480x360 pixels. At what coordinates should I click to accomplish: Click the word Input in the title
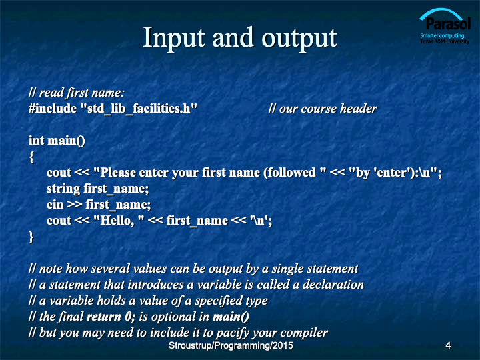tap(174, 38)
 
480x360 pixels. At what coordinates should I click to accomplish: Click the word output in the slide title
tap(299, 39)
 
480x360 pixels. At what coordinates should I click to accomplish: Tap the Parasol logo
tap(445, 26)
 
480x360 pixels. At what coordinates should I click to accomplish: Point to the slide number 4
tap(448, 345)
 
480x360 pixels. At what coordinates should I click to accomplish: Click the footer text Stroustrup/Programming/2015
tap(231, 345)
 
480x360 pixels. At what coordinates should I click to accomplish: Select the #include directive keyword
tap(53, 109)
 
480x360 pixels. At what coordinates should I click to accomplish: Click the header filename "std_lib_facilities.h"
tap(139, 109)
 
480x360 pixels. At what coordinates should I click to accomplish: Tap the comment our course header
tap(323, 109)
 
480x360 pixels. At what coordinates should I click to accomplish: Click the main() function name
tap(66, 141)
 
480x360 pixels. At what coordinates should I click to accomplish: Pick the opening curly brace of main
tap(31, 157)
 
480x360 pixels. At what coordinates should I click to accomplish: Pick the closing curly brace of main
tap(31, 237)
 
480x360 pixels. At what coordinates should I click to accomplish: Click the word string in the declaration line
tap(63, 189)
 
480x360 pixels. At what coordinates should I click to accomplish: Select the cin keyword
tap(55, 205)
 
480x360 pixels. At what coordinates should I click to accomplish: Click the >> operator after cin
tap(75, 205)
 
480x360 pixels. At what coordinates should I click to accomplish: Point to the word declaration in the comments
tap(333, 285)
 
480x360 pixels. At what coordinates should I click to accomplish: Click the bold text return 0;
tap(111, 317)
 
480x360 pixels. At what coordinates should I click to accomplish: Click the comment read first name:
tap(77, 93)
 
